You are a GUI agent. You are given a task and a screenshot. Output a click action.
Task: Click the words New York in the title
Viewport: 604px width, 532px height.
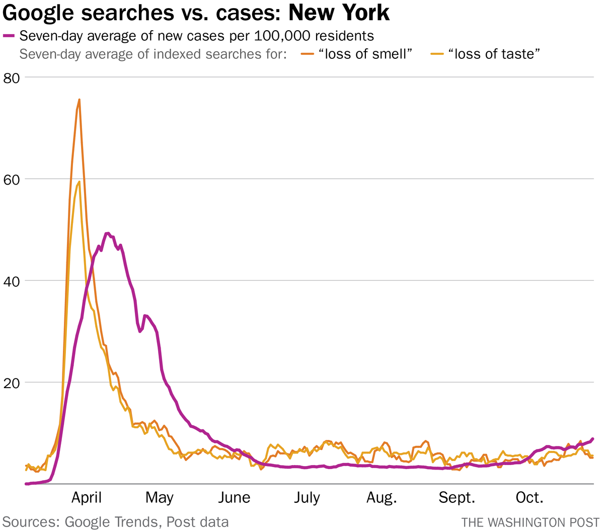339,13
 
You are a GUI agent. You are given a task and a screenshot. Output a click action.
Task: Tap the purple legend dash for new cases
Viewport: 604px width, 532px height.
10,36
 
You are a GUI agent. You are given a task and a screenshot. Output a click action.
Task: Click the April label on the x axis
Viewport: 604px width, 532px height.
87,498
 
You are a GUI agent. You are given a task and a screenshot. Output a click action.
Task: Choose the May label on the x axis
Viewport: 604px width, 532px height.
160,498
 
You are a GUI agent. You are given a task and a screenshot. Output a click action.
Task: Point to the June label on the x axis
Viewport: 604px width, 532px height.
234,498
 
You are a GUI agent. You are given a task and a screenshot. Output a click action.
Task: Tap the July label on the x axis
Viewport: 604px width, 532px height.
307,498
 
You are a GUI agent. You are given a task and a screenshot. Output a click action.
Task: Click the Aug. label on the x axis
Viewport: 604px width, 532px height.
382,498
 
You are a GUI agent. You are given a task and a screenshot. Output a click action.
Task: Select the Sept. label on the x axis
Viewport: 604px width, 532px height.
457,498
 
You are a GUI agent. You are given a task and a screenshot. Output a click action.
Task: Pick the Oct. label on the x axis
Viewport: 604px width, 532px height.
530,498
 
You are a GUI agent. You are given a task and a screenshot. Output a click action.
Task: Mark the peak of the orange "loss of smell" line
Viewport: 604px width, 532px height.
79,100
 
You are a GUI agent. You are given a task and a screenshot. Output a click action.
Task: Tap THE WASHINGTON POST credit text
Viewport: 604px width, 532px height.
530,522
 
